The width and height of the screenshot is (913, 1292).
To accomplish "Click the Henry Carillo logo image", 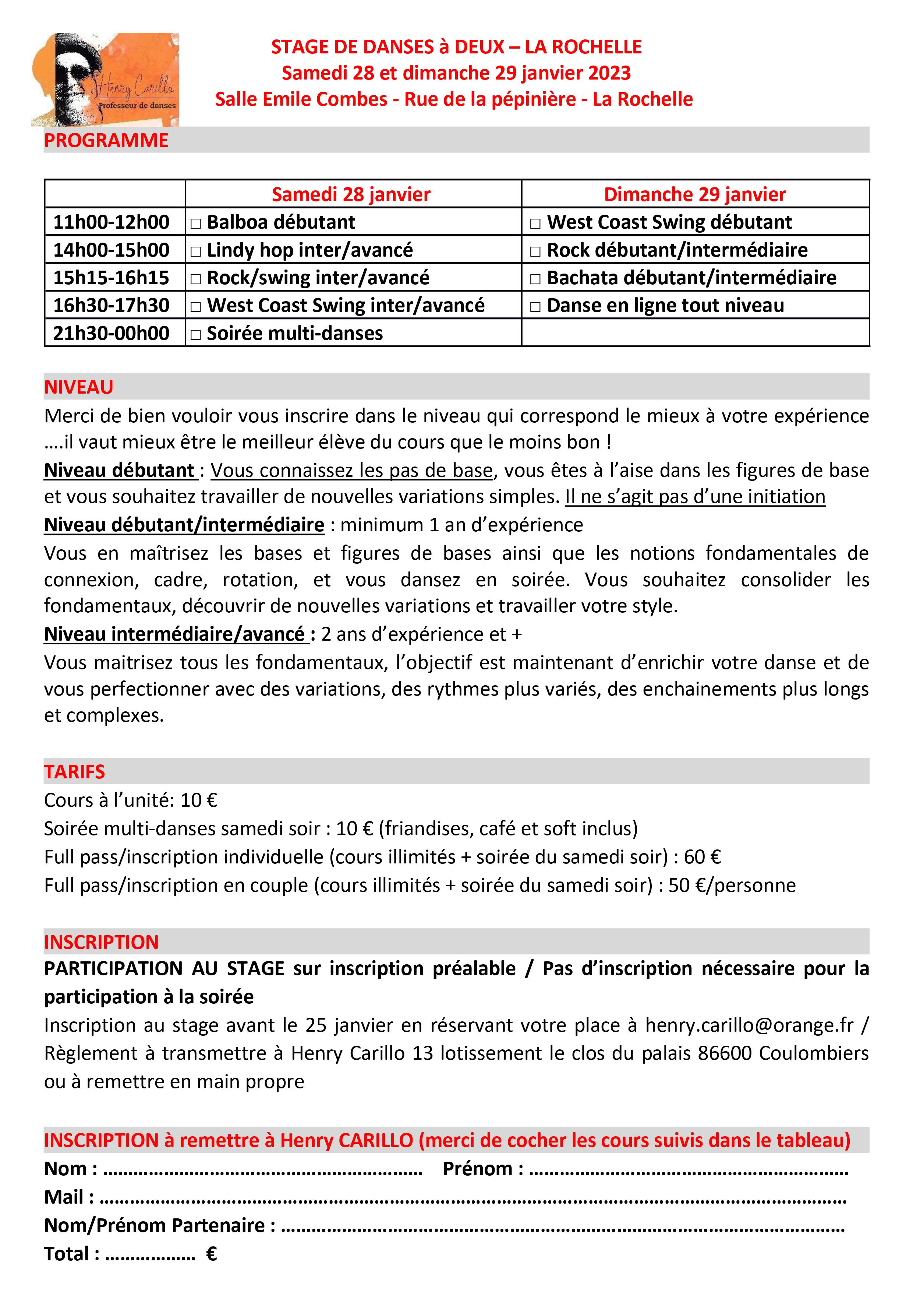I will point(105,79).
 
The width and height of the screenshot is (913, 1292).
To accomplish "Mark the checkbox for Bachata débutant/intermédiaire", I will point(535,279).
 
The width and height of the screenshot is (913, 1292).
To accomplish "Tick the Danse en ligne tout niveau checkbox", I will point(535,307).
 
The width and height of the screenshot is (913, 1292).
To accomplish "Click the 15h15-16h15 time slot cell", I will point(112,277).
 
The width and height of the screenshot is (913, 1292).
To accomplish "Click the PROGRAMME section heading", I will point(106,140).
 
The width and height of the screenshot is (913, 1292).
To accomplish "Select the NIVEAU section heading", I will point(79,387).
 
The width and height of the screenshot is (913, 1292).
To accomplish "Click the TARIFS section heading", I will point(75,771).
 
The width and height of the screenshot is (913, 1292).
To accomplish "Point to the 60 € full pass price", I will point(702,856).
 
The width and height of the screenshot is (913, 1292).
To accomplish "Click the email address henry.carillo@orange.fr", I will point(749,1025).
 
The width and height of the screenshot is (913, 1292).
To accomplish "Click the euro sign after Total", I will point(212,1254).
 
